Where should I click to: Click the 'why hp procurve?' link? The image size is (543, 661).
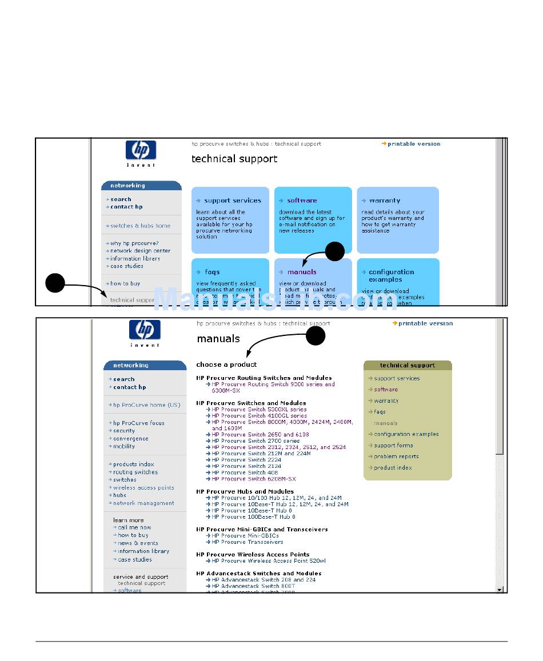point(134,243)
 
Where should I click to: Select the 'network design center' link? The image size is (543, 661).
point(140,251)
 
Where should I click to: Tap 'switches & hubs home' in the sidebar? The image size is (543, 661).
point(140,226)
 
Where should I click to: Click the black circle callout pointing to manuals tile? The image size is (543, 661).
point(335,251)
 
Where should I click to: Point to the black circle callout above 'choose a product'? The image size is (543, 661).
point(316,336)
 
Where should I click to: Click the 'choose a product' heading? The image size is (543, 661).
point(226,364)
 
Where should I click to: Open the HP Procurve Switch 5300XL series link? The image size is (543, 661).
point(259,410)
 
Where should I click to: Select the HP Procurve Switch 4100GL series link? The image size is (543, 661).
point(259,416)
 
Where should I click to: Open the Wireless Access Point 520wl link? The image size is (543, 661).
point(269,561)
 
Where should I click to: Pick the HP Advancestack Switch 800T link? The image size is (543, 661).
point(253,586)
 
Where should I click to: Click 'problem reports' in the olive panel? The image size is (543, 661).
point(396,456)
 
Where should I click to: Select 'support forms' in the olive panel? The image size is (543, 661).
point(393,446)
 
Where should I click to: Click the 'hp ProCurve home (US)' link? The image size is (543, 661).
point(146,405)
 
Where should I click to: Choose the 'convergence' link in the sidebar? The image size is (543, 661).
point(130,439)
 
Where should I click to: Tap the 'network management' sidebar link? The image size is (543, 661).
point(143,503)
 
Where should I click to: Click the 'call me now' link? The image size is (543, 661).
point(134,528)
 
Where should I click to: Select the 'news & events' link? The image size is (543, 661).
point(138,543)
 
